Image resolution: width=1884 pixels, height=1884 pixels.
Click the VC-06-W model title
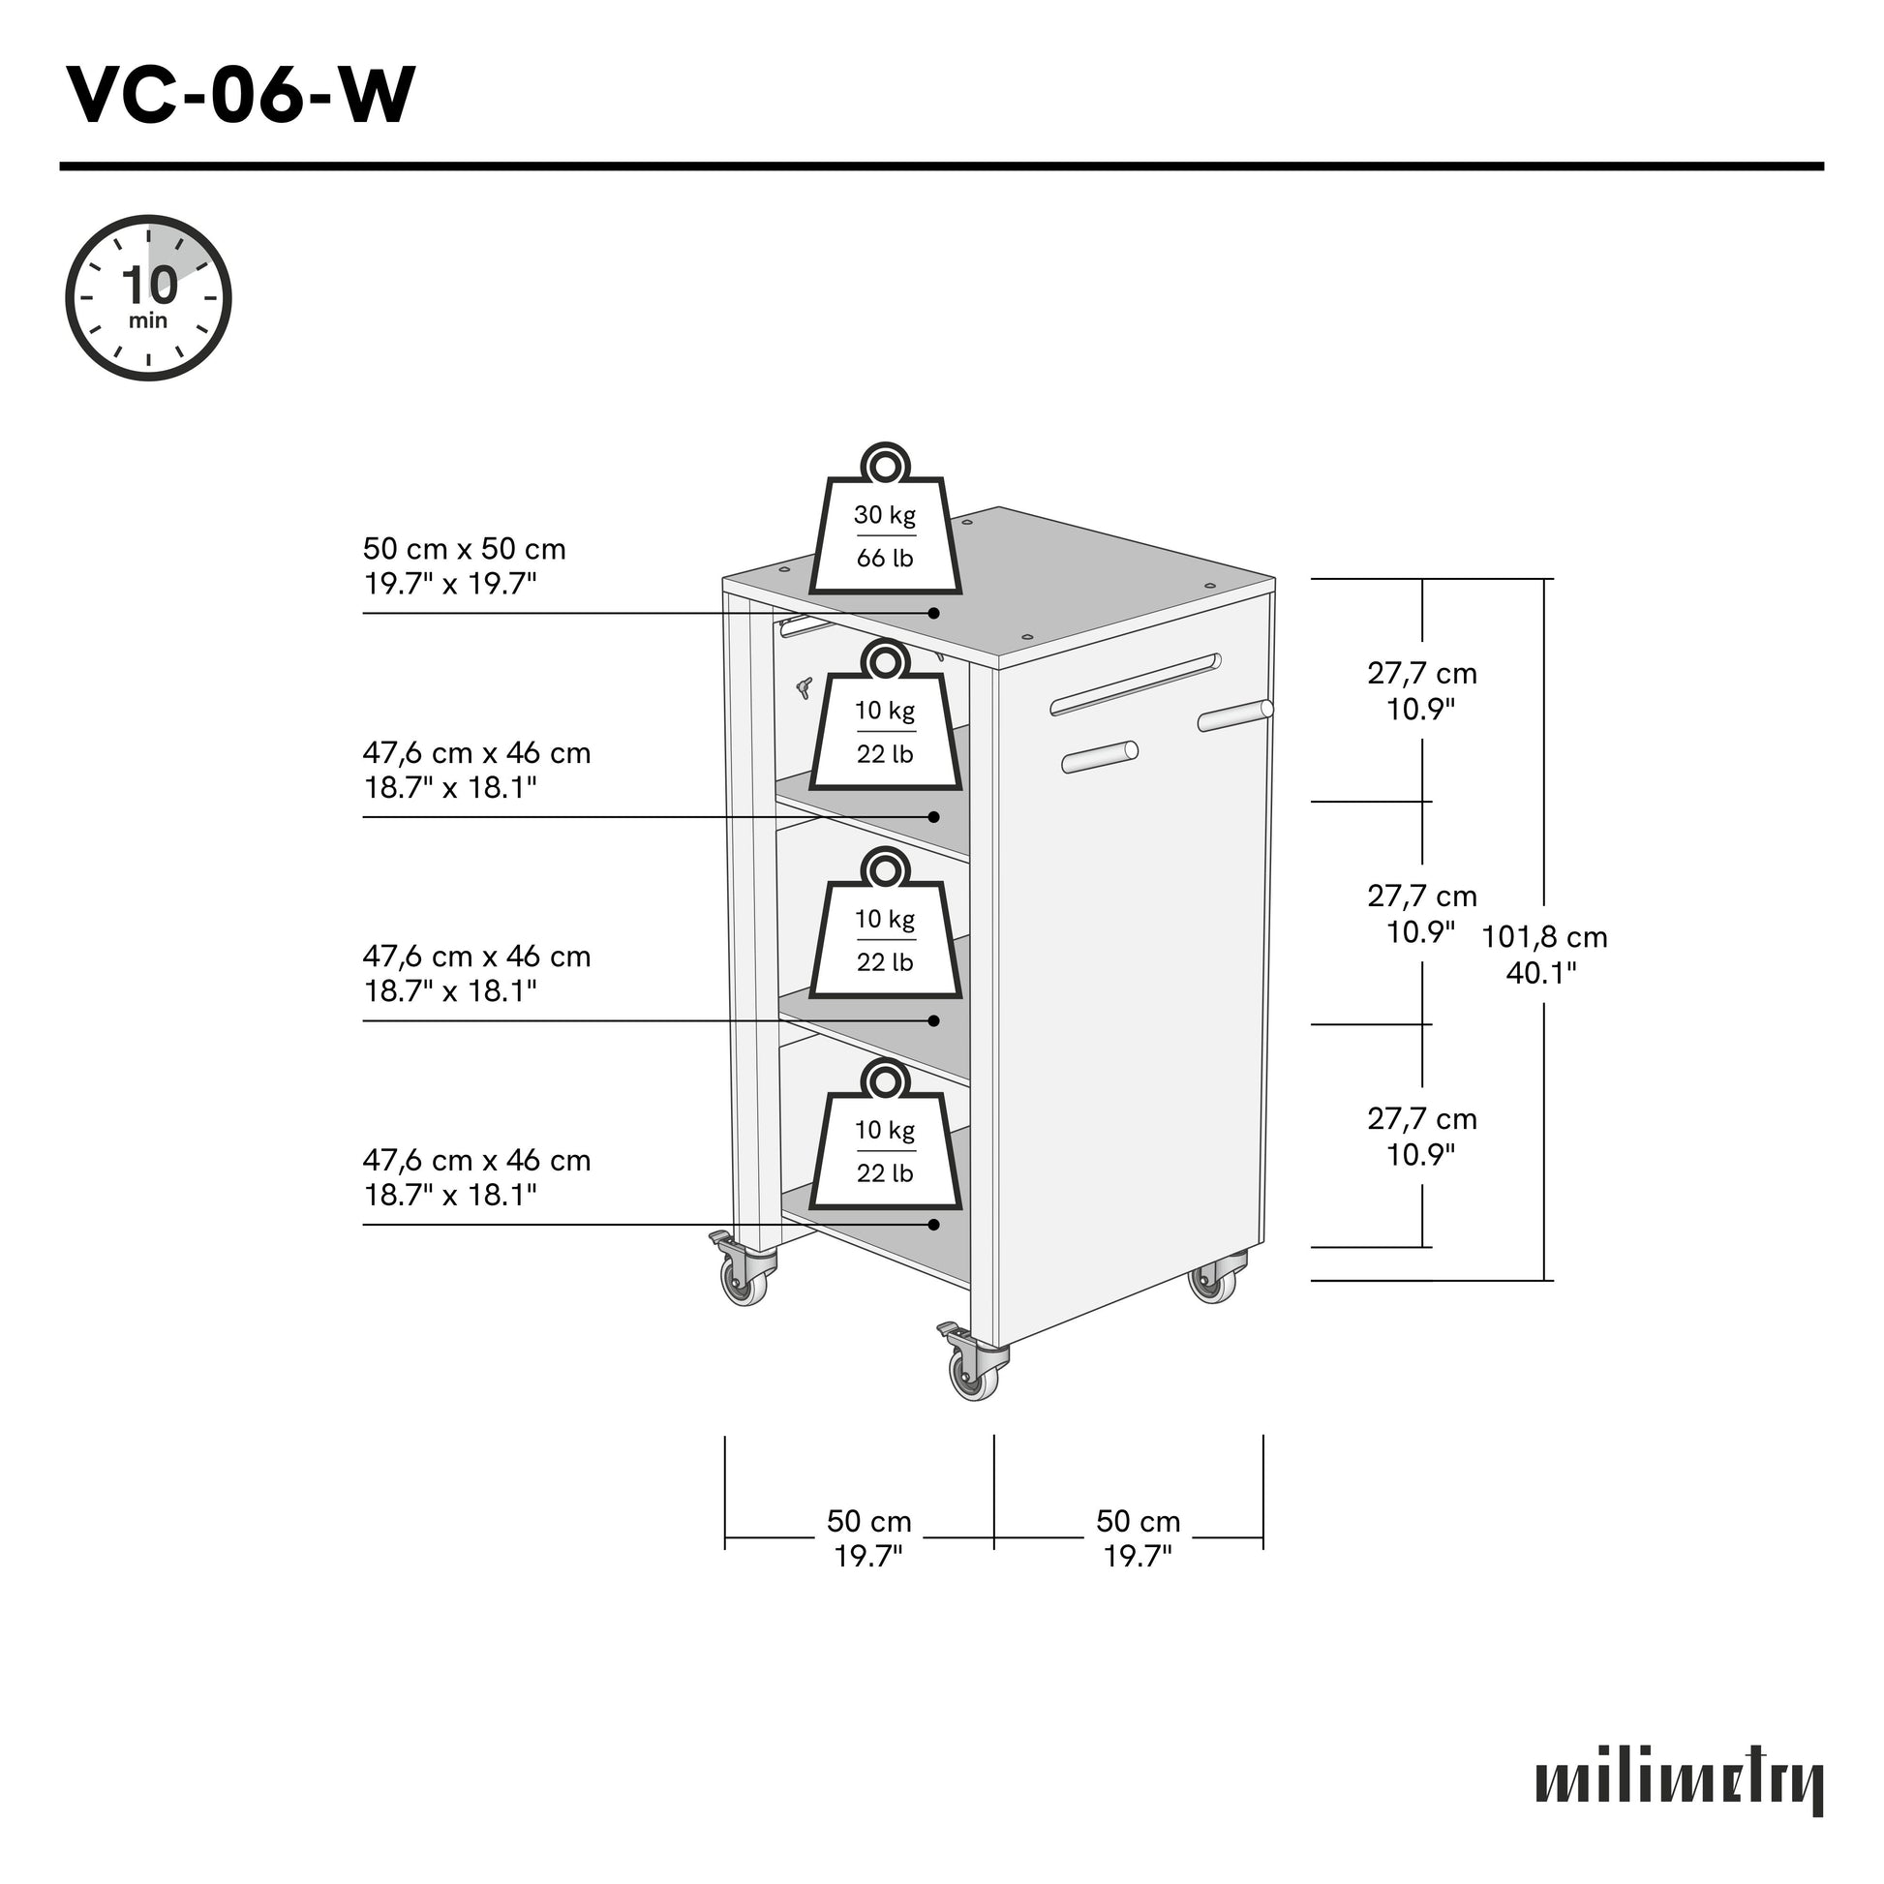[x=241, y=96]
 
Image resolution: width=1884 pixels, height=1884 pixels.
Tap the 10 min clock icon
[x=148, y=297]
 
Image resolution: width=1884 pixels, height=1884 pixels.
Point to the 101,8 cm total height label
[x=1543, y=954]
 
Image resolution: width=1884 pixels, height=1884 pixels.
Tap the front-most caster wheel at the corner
[x=974, y=1373]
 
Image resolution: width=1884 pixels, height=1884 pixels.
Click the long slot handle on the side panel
[x=1135, y=684]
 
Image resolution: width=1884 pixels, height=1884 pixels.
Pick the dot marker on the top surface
[x=933, y=614]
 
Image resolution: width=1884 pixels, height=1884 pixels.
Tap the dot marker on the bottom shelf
[x=933, y=1225]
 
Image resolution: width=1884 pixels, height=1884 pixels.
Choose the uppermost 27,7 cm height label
[x=1421, y=690]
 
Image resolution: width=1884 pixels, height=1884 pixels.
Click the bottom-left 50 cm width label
[x=867, y=1536]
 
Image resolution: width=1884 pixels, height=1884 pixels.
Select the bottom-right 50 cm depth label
[x=1137, y=1536]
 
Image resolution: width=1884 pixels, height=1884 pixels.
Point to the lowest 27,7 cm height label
[x=1421, y=1136]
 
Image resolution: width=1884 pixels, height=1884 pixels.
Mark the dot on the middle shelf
[x=933, y=1021]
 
